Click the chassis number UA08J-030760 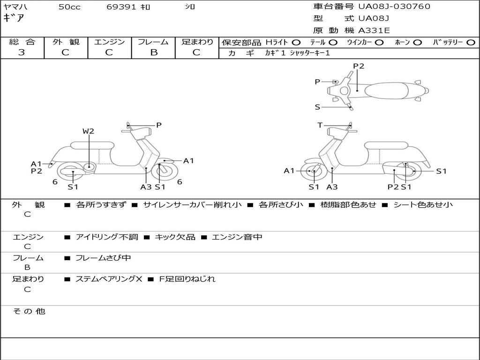(394, 7)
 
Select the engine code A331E (374, 30)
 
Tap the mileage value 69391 (121, 7)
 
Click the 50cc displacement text (69, 7)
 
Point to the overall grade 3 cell (22, 52)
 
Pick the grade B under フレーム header (153, 52)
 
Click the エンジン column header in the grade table (109, 42)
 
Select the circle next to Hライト (296, 42)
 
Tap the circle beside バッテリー (471, 42)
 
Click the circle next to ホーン (417, 42)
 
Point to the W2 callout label (88, 131)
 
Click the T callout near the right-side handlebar (320, 125)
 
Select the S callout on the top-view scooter (317, 107)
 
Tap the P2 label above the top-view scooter (359, 66)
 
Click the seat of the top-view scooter (388, 90)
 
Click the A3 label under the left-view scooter (146, 187)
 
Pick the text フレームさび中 (103, 258)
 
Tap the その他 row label (29, 311)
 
